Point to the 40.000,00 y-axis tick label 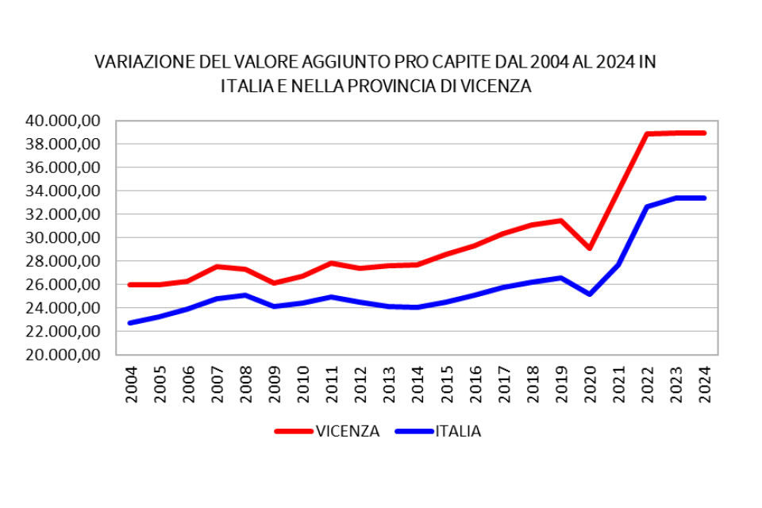click(62, 121)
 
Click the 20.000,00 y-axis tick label click(62, 355)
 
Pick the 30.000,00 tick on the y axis click(62, 237)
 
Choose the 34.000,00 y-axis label click(62, 190)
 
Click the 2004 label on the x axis click(131, 384)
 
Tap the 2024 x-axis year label click(704, 384)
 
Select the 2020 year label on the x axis click(590, 384)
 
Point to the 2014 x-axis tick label click(418, 384)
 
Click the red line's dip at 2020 click(589, 248)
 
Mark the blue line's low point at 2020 click(589, 294)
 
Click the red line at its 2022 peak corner click(647, 134)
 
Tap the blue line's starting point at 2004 click(130, 323)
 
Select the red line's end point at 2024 click(704, 133)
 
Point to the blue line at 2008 click(245, 295)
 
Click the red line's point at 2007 click(217, 267)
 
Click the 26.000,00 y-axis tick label click(62, 284)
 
